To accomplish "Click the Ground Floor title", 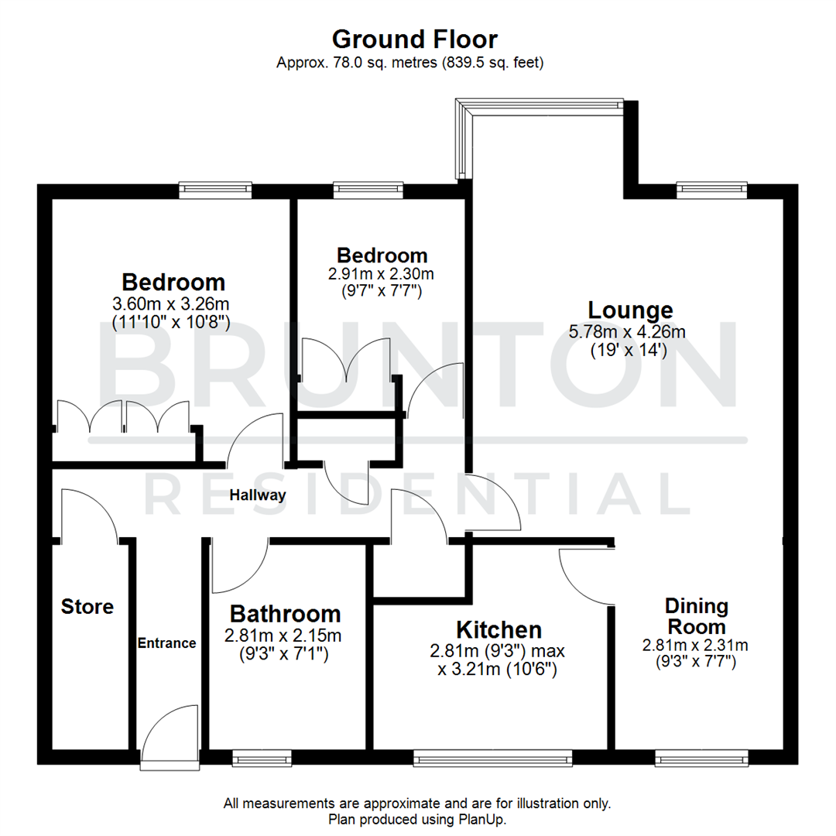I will tap(414, 39).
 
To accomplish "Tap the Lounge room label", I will tap(630, 310).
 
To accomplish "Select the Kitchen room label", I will tap(498, 629).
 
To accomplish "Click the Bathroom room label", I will tap(285, 614).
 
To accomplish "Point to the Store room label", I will tap(87, 607).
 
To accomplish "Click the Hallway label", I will tap(258, 495).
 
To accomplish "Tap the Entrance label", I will tap(166, 643).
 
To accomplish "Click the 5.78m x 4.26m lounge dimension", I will tap(627, 333).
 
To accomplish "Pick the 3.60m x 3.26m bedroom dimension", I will tap(171, 303).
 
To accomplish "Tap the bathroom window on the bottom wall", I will tap(262, 759).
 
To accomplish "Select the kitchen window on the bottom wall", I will tap(492, 759).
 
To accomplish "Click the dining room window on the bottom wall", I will tap(701, 759).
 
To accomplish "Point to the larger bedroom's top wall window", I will tap(215, 187).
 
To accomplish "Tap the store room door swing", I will tap(88, 514).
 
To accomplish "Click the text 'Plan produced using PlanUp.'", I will tap(417, 818).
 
